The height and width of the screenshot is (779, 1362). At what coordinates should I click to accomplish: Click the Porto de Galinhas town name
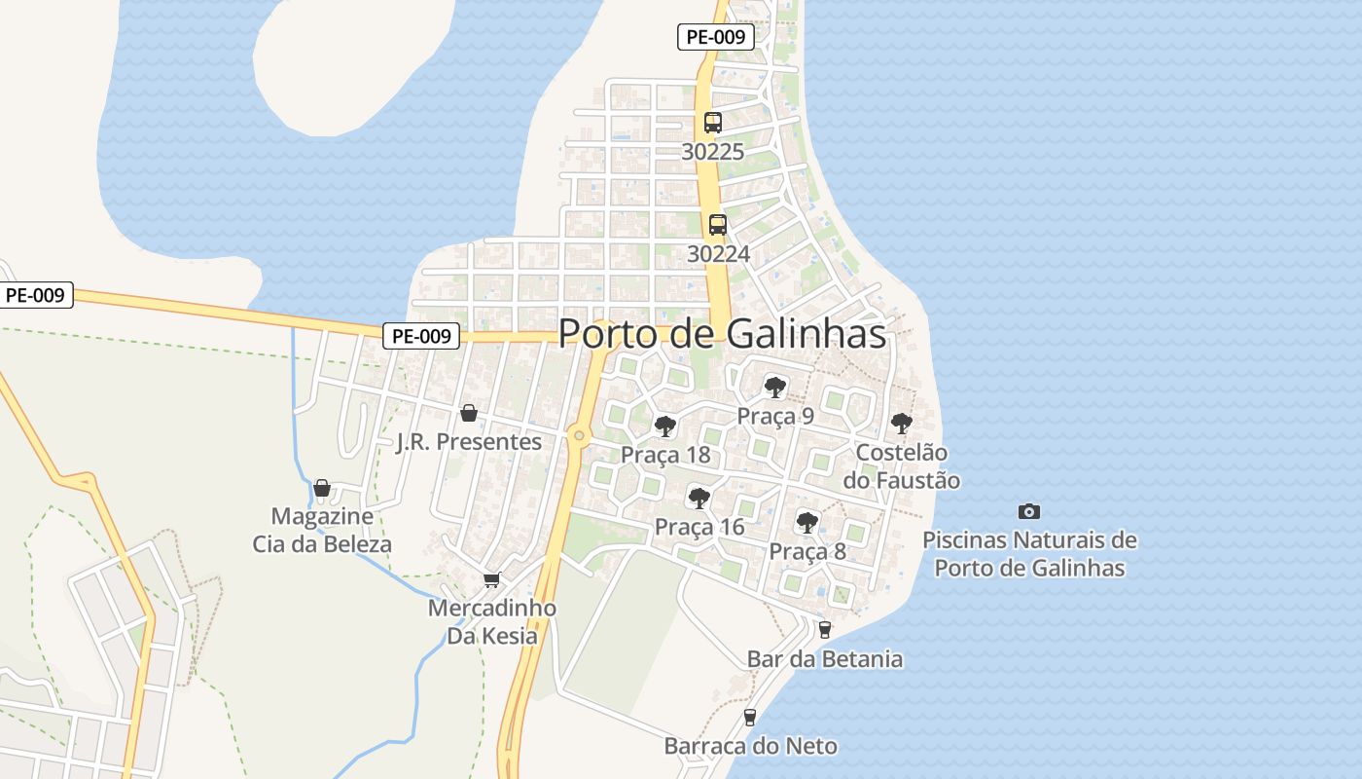point(722,334)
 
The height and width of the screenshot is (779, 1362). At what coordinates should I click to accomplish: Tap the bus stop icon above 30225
point(713,123)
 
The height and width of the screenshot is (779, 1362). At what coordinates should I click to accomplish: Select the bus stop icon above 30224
point(718,225)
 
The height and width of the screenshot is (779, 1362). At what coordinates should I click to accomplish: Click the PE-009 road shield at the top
point(716,38)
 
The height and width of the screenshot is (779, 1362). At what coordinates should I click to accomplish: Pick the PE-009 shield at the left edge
point(35,295)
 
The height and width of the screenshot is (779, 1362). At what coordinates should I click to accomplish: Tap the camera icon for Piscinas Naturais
point(1028,511)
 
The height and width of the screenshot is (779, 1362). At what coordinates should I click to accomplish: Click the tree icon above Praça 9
point(775,388)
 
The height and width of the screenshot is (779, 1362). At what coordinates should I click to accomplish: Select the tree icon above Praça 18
point(665,427)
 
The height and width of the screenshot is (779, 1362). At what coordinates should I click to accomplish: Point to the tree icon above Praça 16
point(699,499)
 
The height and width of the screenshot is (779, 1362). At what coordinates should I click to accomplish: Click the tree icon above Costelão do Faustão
point(902,424)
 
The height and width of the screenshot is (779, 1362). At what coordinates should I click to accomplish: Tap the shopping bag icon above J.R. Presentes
point(469,413)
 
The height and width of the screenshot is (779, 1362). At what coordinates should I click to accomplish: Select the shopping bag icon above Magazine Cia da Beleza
point(322,487)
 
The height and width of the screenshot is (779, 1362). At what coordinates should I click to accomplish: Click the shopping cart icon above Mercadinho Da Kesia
point(492,579)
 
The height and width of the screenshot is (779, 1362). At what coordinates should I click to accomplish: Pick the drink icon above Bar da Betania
point(825,630)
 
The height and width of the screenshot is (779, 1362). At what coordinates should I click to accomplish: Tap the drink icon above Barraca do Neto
point(750,718)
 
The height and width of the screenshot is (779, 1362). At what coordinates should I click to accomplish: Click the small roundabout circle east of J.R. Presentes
point(579,435)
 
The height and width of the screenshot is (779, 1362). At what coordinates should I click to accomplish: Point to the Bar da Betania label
point(825,659)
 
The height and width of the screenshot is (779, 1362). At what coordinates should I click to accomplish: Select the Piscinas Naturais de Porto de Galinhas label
point(1029,554)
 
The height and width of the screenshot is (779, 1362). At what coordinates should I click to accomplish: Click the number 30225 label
point(713,152)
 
